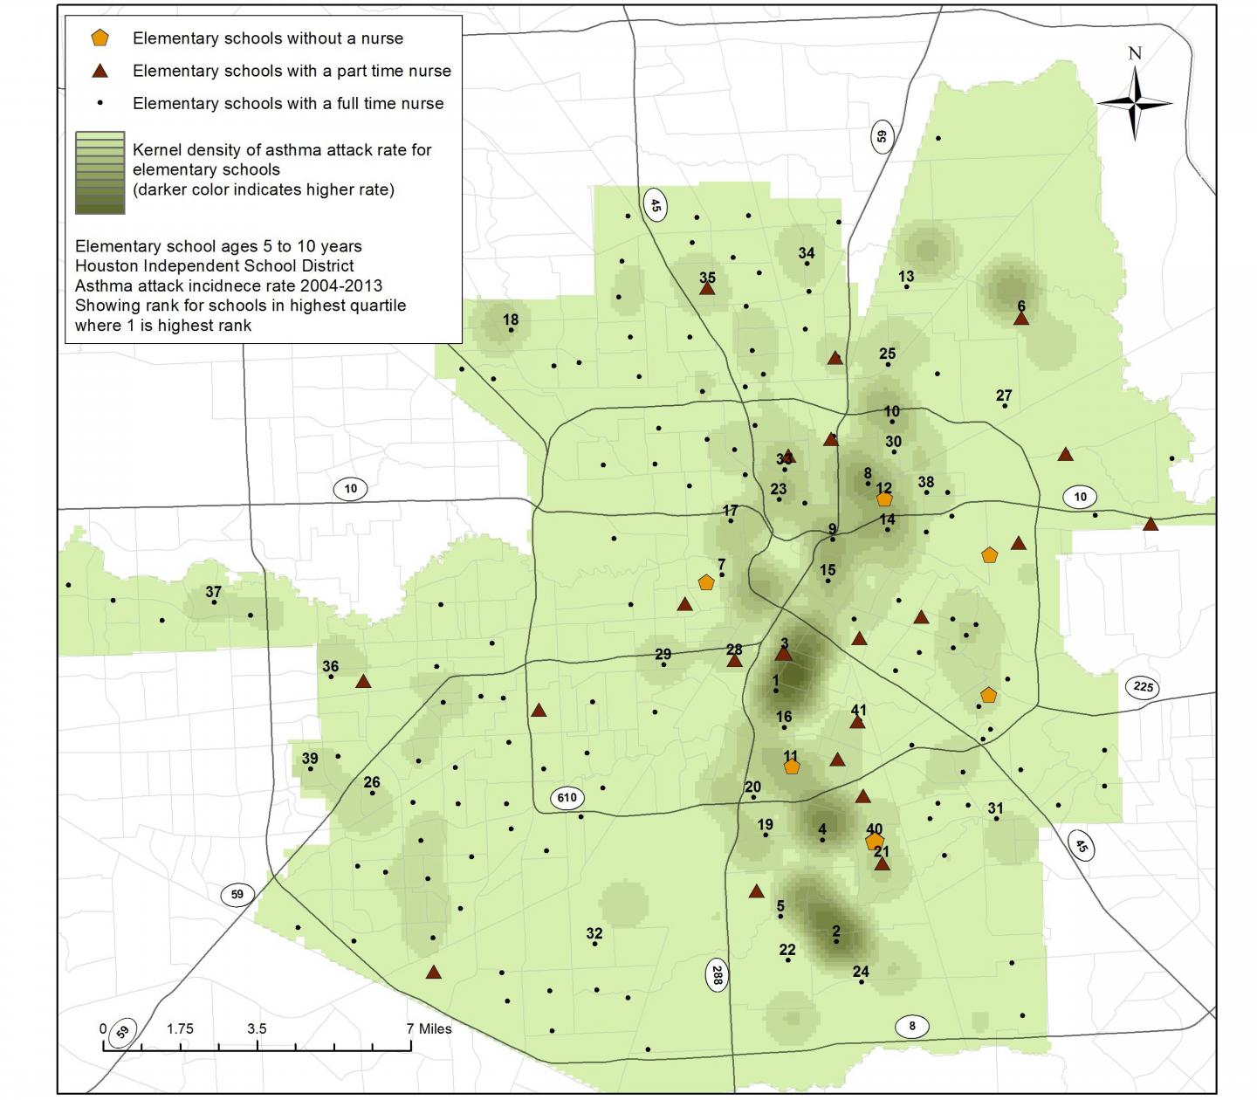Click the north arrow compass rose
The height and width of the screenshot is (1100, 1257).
pyautogui.click(x=1134, y=103)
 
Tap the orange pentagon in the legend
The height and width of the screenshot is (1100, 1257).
pyautogui.click(x=101, y=38)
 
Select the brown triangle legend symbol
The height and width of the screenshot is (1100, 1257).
pyautogui.click(x=101, y=71)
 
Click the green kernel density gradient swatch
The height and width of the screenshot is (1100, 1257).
pyautogui.click(x=100, y=173)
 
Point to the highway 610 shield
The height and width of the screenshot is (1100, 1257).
pyautogui.click(x=567, y=797)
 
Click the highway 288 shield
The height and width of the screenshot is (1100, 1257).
pyautogui.click(x=715, y=974)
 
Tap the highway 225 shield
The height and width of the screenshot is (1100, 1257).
pyautogui.click(x=1143, y=686)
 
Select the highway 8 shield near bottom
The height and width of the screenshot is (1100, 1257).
pyautogui.click(x=912, y=1026)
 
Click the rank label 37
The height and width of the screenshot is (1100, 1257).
pyautogui.click(x=214, y=592)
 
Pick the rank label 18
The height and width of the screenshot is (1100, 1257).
pyautogui.click(x=511, y=320)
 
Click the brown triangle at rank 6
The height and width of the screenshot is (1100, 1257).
pyautogui.click(x=1021, y=320)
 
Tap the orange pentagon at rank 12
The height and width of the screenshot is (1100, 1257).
pyautogui.click(x=884, y=499)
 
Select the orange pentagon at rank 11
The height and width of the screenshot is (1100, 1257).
pyautogui.click(x=792, y=767)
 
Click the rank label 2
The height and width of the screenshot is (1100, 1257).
pyautogui.click(x=836, y=932)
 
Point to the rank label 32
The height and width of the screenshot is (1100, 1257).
pyautogui.click(x=594, y=933)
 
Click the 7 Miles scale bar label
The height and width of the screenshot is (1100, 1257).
pyautogui.click(x=429, y=1028)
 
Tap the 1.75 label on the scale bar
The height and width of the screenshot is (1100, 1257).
pyautogui.click(x=180, y=1028)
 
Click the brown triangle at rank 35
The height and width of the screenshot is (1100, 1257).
pyautogui.click(x=707, y=288)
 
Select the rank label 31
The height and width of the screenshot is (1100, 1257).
pyautogui.click(x=995, y=808)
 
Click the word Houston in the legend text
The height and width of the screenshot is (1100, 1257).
pyautogui.click(x=102, y=265)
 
